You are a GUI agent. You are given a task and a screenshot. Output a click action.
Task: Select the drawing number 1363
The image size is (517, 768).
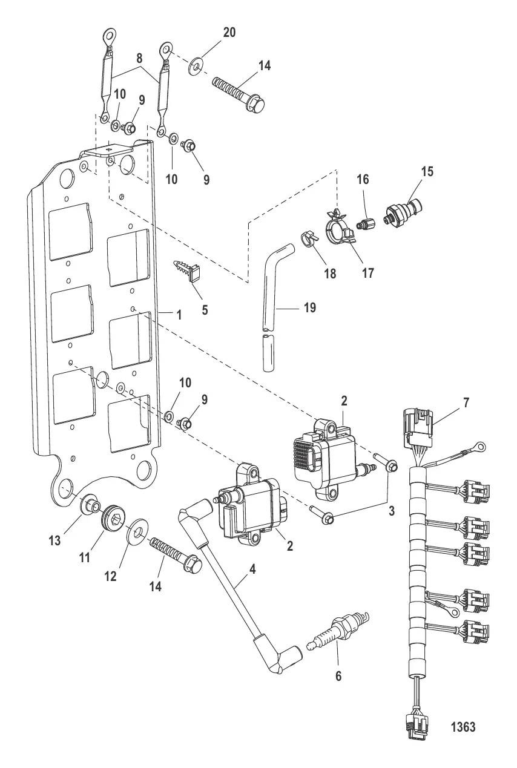click(463, 727)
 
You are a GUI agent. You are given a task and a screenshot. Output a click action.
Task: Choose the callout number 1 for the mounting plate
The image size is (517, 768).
click(179, 314)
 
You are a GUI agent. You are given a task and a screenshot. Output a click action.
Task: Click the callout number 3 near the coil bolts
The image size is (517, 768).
click(391, 510)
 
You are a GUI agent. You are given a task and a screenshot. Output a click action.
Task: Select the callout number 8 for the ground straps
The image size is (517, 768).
click(139, 58)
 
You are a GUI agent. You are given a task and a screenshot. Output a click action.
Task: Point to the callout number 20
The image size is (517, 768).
click(229, 33)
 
